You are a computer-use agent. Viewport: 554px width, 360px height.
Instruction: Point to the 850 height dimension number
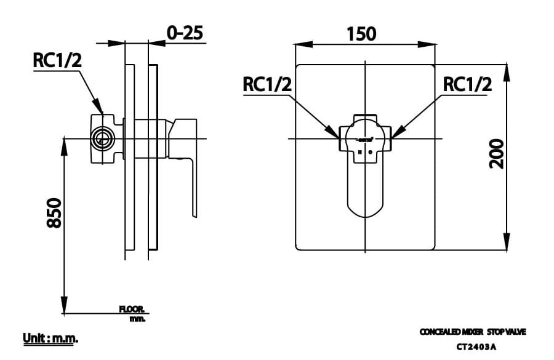coord(54,213)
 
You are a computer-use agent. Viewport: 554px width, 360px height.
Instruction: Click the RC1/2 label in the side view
coord(57,60)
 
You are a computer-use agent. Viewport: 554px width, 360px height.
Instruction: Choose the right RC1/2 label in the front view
coord(467,85)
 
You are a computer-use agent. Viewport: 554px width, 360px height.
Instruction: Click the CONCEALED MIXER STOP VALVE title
coord(473,332)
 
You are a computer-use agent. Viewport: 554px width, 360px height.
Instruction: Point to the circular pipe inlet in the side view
coord(103,138)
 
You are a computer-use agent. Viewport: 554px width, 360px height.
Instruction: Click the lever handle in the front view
coord(366,185)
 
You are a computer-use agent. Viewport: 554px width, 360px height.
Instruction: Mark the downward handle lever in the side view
coord(192,185)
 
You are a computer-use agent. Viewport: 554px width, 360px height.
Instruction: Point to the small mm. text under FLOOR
coord(137,319)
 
